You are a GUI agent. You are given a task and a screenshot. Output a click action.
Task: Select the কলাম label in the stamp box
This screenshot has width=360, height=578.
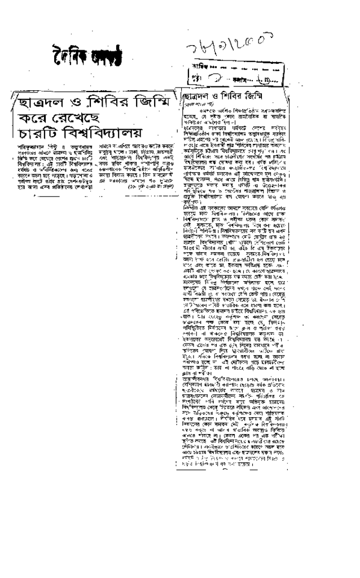pos(237,78)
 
